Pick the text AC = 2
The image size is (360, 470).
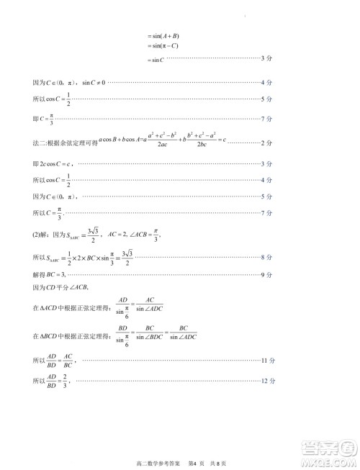(117, 232)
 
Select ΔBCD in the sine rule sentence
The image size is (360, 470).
(50, 335)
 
